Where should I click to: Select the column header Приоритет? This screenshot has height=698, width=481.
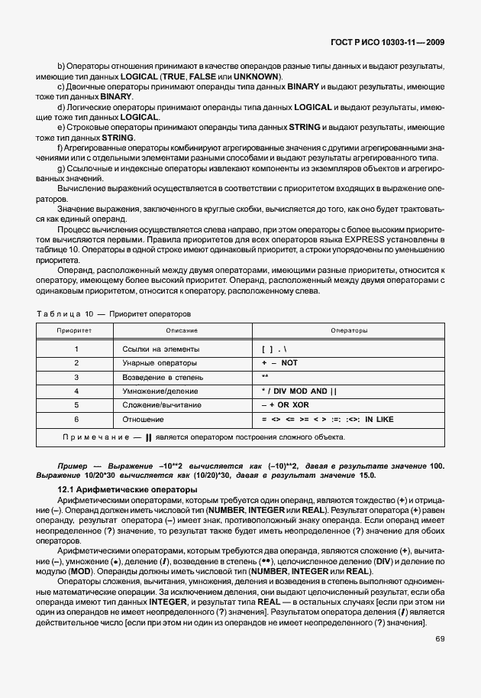tap(75, 330)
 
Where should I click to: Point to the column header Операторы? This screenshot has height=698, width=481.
tap(349, 330)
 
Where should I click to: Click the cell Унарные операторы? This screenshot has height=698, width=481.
tap(159, 362)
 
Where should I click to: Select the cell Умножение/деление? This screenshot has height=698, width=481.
tap(160, 391)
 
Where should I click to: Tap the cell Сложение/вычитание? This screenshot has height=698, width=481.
tap(161, 404)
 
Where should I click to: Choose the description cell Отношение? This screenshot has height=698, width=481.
tap(143, 419)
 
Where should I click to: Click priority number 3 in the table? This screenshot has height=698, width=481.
tap(76, 377)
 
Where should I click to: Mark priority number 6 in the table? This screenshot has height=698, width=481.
tap(76, 419)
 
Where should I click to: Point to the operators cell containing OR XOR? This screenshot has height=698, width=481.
tap(285, 404)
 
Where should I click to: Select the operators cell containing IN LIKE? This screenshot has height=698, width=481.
tap(327, 419)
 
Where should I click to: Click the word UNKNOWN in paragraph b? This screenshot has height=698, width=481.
tap(256, 77)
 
